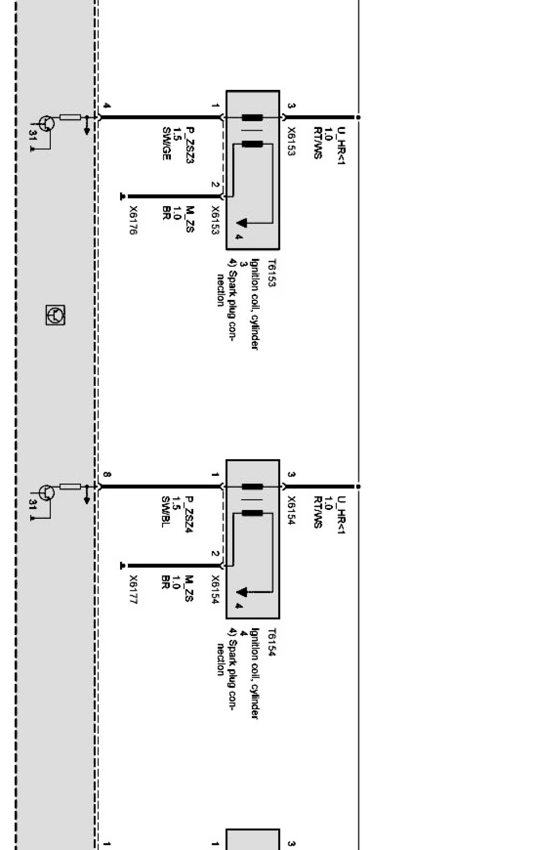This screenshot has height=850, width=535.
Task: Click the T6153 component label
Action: [271, 273]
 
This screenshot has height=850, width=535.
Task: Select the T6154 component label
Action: [271, 642]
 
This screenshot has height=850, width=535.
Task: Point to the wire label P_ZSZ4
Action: [189, 514]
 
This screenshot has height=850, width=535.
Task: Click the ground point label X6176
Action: [133, 220]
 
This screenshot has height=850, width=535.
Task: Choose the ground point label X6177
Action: [133, 590]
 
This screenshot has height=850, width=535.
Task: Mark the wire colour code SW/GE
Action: [166, 144]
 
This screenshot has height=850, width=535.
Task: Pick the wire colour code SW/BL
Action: [165, 512]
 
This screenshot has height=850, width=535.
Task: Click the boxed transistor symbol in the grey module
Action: [55, 315]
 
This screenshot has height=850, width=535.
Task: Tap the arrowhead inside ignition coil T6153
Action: [242, 223]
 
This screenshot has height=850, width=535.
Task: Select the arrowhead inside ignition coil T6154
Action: [242, 592]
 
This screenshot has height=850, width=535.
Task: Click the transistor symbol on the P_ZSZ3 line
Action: [46, 123]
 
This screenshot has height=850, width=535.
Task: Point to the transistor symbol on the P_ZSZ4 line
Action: [46, 492]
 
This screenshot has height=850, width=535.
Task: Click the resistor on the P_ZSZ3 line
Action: [70, 117]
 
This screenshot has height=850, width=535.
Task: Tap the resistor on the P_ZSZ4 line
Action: [70, 486]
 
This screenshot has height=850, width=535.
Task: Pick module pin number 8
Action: [107, 475]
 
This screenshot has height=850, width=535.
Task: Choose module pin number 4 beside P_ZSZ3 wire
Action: [107, 106]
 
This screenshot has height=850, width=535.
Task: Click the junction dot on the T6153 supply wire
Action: [358, 117]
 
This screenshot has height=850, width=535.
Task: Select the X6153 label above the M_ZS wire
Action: [215, 220]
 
